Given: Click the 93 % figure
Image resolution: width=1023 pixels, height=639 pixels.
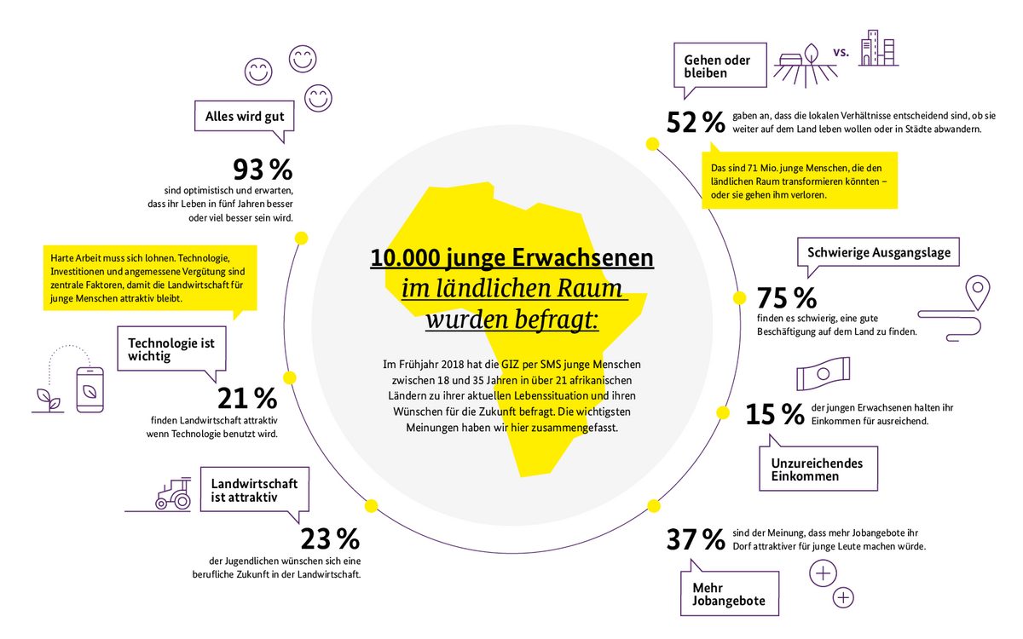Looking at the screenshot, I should coord(263,167).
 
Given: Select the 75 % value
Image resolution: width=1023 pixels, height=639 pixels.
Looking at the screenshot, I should coord(787,298).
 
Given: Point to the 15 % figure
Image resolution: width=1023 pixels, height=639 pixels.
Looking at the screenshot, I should coord(774,414).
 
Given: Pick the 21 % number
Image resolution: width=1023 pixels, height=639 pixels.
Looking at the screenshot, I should coord(247,398).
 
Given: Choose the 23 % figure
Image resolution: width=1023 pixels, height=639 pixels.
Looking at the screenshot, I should coord(330,539).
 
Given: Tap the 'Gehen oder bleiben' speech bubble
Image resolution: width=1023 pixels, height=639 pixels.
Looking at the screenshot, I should coord(717,67).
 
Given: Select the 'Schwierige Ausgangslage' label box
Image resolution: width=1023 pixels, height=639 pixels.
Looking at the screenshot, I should coord(878,253).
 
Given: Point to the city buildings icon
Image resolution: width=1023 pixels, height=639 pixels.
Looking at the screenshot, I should coord(878,49).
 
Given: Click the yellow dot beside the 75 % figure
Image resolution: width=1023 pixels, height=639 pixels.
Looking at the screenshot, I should coord(739,298).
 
